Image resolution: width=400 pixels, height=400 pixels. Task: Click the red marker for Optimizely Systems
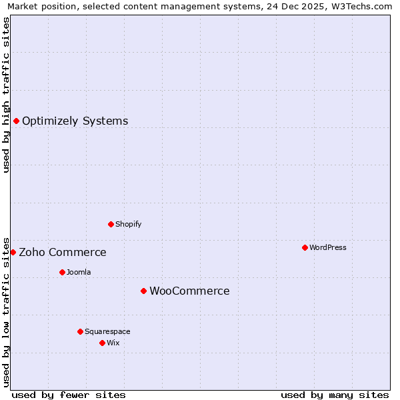point(16,121)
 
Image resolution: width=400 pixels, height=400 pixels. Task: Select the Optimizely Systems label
point(75,121)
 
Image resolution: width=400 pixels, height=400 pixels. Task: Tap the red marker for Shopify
point(111,224)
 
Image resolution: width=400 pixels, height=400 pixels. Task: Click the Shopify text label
point(128,224)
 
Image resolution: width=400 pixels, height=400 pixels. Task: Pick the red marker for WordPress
point(305,247)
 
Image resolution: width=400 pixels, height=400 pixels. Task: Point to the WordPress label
point(327,247)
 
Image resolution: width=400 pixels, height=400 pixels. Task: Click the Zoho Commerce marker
point(13,252)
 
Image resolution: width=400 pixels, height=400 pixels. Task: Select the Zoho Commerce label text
point(62,253)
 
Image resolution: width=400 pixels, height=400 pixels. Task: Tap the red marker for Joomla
point(62,272)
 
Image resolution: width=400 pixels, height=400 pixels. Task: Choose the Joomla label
point(79,272)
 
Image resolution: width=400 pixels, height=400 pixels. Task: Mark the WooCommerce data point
point(143,291)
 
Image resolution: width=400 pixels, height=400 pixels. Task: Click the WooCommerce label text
point(189,291)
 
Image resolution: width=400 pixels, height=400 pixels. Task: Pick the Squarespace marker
point(80,331)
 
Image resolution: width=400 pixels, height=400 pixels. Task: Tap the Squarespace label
point(107,331)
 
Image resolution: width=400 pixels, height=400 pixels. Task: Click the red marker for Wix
point(102,343)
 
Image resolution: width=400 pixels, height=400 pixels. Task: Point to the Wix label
point(113,343)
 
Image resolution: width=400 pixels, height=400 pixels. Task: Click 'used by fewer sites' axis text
point(69,395)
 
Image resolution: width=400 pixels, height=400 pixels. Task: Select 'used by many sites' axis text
point(335,395)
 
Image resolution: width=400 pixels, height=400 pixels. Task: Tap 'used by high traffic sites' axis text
point(6,95)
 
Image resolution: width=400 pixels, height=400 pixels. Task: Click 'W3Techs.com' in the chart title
point(365,6)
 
